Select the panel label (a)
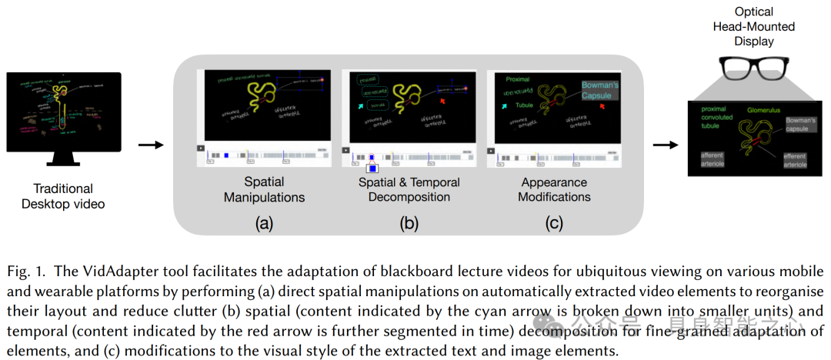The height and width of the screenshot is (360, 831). [264, 224]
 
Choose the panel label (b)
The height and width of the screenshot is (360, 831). [409, 224]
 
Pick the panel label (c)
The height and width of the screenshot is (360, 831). [554, 224]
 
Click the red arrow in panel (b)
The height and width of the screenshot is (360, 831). [441, 101]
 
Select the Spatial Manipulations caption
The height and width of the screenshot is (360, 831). [264, 189]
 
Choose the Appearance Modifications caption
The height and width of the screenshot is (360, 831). [554, 189]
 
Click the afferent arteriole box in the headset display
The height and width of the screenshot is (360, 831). [712, 160]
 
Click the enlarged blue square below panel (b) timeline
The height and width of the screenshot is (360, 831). [372, 167]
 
